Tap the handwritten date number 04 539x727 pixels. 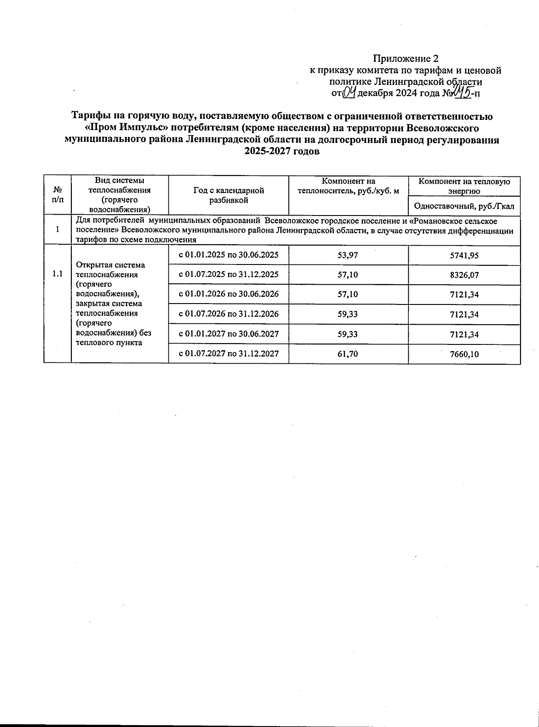coord(349,93)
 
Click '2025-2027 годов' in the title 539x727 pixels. coord(282,151)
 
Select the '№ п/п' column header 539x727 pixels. coord(57,195)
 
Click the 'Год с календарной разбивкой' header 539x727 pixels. coord(229,195)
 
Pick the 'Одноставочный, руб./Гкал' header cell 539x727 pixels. coord(464,207)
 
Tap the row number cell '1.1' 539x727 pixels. coord(57,273)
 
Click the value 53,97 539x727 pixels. coord(348,255)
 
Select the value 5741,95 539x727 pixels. coord(464,256)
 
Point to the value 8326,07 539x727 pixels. coord(464,275)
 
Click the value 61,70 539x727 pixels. coord(348,354)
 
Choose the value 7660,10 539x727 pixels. coord(464,354)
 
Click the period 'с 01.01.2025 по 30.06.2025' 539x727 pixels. coord(229,255)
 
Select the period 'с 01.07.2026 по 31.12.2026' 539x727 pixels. coord(229,313)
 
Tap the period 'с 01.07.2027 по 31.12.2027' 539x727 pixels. coord(229,353)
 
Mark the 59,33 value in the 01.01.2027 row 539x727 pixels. coord(348,334)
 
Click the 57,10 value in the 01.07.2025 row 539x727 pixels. coord(348,274)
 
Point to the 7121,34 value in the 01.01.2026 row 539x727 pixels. coord(464,295)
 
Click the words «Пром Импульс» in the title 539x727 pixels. coord(123,128)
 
